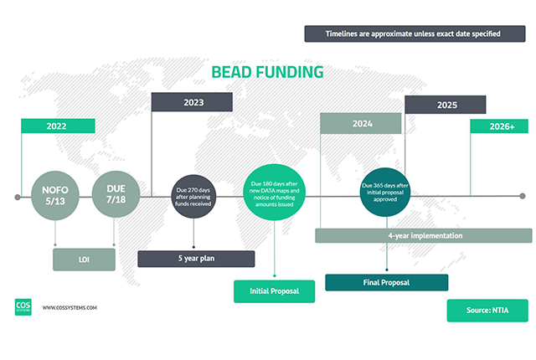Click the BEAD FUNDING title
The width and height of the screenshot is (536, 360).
pos(266,72)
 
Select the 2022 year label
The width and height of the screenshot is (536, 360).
pos(57,126)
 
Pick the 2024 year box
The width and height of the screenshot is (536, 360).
pos(362,123)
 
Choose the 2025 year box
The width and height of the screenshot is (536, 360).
pos(446,105)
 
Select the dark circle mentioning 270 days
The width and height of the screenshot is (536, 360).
pos(194,198)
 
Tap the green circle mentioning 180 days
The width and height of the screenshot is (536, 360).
pos(276,198)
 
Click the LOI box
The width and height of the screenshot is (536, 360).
pos(84,259)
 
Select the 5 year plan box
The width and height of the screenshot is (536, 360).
pos(196,258)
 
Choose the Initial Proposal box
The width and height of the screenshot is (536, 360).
pos(275,291)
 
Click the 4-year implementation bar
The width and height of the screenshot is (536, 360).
pos(424,236)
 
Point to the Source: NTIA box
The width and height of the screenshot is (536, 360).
pos(487,310)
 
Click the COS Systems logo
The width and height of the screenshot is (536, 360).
pos(23,307)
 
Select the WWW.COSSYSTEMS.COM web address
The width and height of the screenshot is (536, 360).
pos(70,308)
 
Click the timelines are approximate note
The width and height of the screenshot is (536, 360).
pos(414,33)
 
